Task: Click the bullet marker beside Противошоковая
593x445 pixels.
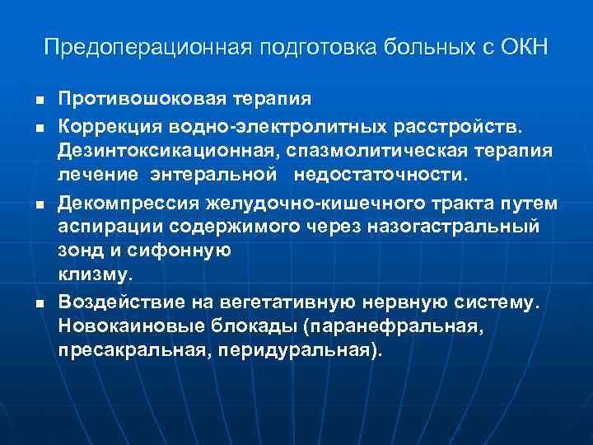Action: (x=39, y=101)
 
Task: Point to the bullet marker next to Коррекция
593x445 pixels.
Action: (x=39, y=129)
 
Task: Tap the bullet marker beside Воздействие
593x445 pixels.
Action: (x=39, y=305)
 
